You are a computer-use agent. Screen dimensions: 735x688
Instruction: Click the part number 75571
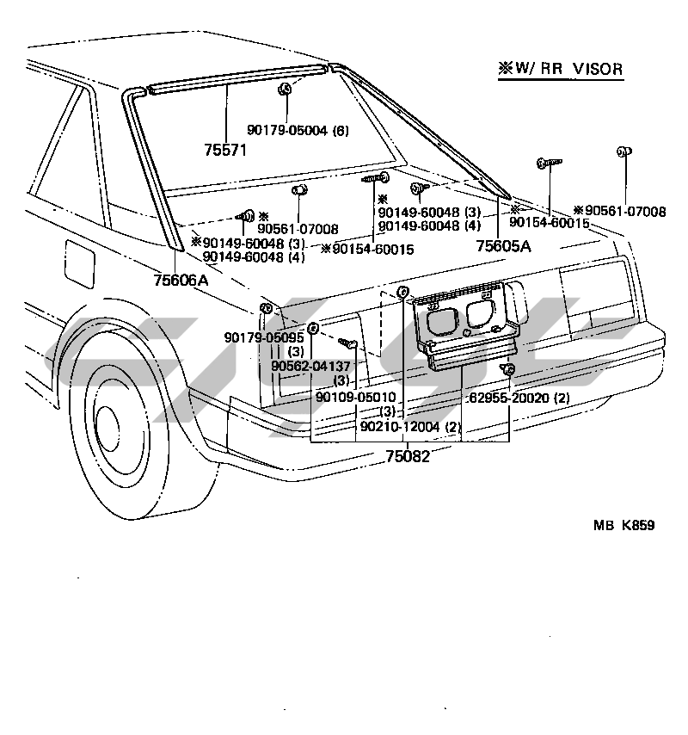coord(225,149)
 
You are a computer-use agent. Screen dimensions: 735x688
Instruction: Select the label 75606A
coord(181,279)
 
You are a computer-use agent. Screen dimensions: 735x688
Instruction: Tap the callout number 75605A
coord(503,246)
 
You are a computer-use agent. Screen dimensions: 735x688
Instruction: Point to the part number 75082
coord(407,456)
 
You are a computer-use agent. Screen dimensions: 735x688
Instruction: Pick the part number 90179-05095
coord(259,337)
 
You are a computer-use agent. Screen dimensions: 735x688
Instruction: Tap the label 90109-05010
coord(355,397)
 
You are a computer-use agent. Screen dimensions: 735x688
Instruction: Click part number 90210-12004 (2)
coord(411,426)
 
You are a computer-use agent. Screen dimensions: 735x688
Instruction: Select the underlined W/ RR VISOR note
coord(560,70)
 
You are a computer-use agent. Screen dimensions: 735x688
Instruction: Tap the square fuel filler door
coord(80,261)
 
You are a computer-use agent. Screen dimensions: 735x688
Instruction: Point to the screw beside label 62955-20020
coord(508,370)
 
